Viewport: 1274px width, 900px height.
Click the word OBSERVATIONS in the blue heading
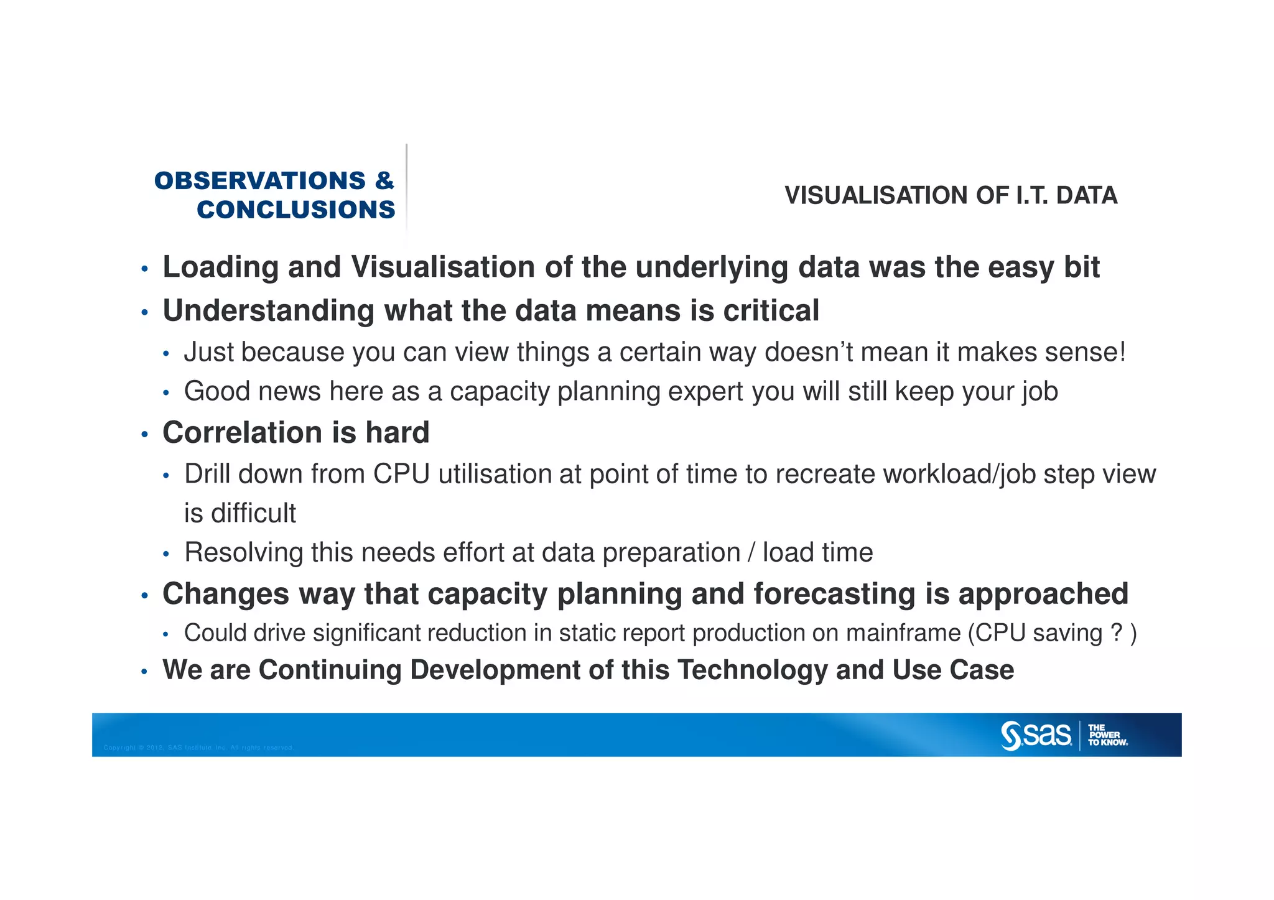tap(260, 181)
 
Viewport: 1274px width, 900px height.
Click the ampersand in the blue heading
tap(384, 181)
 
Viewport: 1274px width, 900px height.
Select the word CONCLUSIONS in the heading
tap(296, 210)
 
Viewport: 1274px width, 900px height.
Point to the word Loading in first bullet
tap(220, 267)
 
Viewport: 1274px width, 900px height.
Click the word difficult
tap(253, 514)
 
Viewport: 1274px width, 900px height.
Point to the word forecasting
tap(834, 594)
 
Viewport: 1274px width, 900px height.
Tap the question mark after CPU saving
tap(1116, 633)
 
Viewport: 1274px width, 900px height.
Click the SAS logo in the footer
tap(1036, 735)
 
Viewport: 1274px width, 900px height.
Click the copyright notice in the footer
tap(198, 748)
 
